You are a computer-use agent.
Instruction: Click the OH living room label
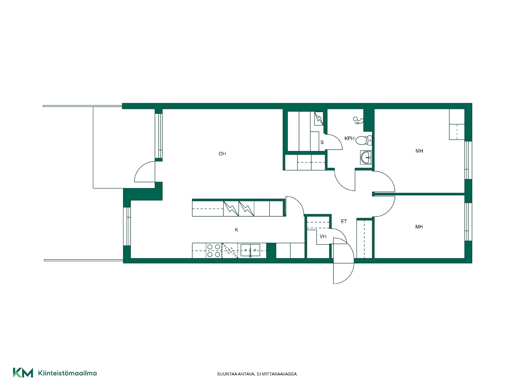(x=222, y=154)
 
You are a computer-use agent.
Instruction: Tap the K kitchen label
(x=236, y=230)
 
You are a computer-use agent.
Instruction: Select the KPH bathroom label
(x=350, y=138)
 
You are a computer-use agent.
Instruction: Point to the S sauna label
(x=322, y=142)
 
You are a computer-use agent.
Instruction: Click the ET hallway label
(x=344, y=221)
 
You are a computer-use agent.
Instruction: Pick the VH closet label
(x=323, y=236)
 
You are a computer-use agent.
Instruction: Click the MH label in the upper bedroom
(x=419, y=151)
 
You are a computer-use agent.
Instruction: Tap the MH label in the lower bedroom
(x=419, y=227)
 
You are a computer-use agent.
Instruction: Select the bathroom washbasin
(x=366, y=157)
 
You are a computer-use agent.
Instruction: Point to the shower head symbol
(x=358, y=121)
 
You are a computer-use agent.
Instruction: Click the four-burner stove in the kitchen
(x=214, y=250)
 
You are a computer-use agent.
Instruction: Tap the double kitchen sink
(x=250, y=250)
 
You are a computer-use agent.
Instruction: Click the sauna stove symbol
(x=319, y=119)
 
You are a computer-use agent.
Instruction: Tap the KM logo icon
(x=23, y=373)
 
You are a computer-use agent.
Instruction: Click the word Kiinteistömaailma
(x=67, y=373)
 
